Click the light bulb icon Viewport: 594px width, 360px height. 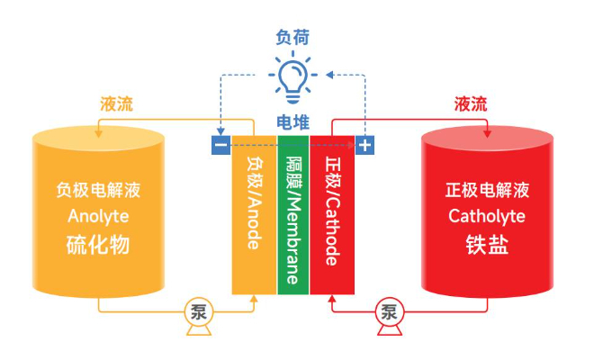tap(292, 79)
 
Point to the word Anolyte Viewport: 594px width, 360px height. tap(98, 216)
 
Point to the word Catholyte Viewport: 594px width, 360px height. tap(487, 216)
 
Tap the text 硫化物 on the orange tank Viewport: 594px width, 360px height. tap(98, 244)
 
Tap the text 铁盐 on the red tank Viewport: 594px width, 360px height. tap(487, 244)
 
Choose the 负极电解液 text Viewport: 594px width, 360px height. tap(98, 190)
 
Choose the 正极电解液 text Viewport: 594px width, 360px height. tap(487, 190)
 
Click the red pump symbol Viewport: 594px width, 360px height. tap(389, 314)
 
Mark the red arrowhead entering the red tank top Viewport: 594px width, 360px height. tap(487, 134)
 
